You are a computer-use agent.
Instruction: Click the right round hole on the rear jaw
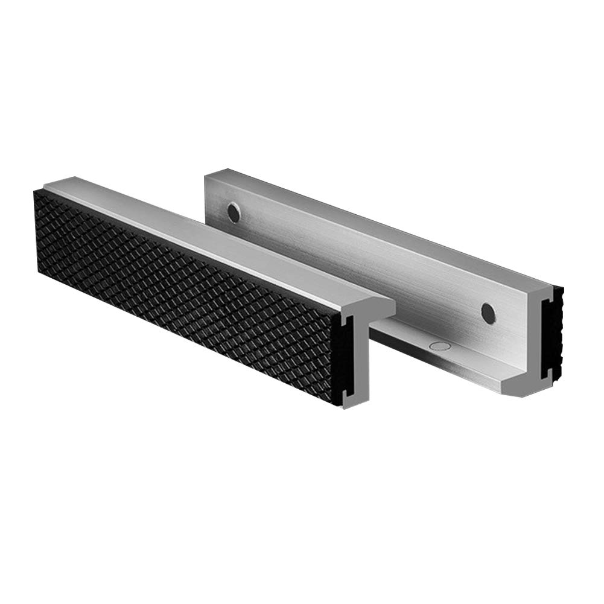(488, 311)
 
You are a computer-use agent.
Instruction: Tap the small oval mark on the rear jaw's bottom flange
(439, 346)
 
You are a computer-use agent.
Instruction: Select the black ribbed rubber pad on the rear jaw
(556, 338)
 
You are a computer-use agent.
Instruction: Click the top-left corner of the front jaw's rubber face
(36, 192)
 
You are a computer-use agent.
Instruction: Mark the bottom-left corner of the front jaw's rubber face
(40, 272)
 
